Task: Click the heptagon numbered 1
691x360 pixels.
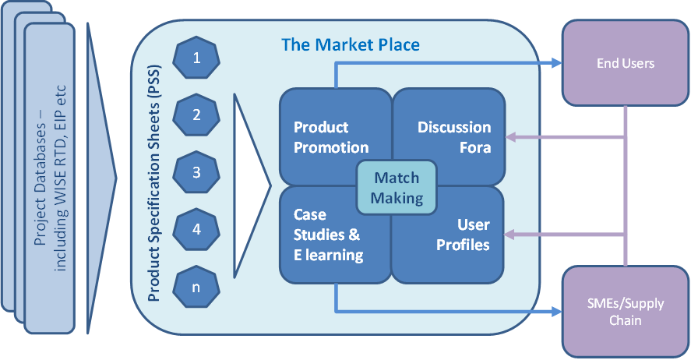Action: (x=196, y=57)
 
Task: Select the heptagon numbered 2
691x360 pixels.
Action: (x=196, y=115)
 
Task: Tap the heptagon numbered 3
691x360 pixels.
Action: (x=196, y=172)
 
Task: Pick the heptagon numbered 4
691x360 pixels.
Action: (x=196, y=229)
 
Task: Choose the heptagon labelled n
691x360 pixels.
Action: (x=196, y=286)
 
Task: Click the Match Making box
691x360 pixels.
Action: (x=397, y=188)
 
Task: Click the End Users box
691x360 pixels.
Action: (x=625, y=63)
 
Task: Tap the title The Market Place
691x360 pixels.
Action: (x=351, y=44)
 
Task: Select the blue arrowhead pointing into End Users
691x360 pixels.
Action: (x=555, y=63)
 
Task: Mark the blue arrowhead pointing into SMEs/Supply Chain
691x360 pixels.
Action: (x=555, y=312)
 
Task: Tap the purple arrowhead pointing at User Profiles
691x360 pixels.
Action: (x=512, y=233)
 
